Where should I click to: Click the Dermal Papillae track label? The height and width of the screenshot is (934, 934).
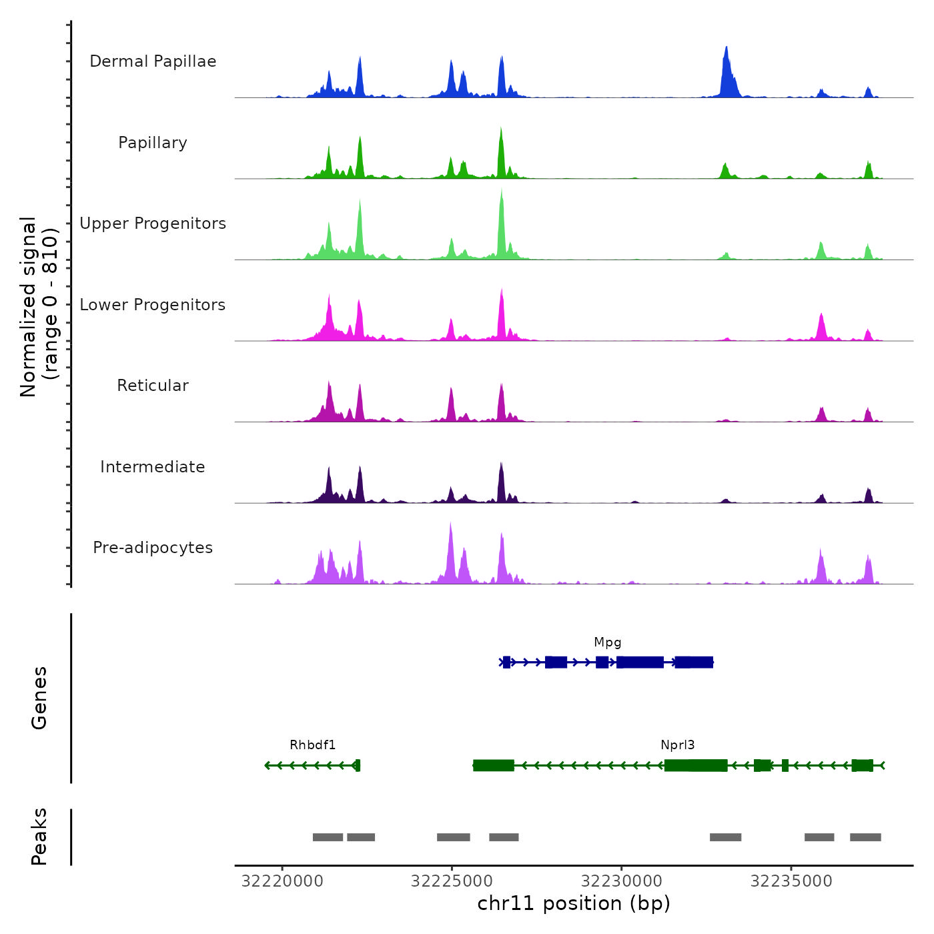click(153, 61)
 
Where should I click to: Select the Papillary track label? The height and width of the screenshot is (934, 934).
click(153, 143)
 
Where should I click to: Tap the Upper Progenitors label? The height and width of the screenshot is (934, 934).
click(153, 223)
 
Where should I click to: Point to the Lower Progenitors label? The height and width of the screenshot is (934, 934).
click(153, 305)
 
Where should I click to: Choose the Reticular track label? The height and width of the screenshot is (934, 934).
click(153, 386)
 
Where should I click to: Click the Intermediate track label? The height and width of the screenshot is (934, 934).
click(153, 467)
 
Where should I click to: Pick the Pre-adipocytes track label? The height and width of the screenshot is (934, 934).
click(153, 548)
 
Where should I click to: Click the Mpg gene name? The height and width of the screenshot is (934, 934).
click(608, 642)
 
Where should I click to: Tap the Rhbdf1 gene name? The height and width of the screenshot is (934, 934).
click(312, 745)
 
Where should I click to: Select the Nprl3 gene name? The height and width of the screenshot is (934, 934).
click(678, 745)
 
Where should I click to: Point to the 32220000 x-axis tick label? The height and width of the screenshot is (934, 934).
click(282, 881)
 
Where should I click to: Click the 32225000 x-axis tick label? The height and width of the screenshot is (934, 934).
click(452, 881)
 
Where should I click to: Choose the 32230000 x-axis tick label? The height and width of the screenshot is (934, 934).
click(622, 881)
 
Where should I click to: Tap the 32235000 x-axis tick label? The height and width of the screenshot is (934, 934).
click(791, 881)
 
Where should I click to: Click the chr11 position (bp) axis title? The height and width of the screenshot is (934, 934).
click(574, 903)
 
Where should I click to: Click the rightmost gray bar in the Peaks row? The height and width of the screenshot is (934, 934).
click(865, 837)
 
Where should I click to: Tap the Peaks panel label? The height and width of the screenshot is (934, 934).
click(39, 837)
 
